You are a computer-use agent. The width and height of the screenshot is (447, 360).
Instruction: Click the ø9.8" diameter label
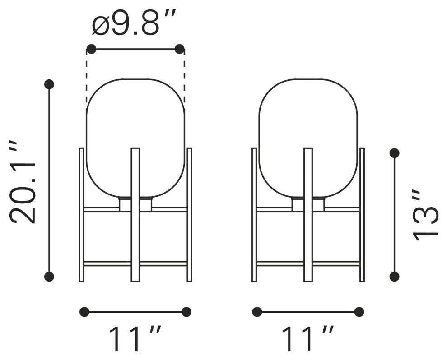(134, 23)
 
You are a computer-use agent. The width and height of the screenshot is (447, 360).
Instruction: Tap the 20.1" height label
(23, 182)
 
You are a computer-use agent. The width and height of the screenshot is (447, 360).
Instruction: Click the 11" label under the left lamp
(135, 339)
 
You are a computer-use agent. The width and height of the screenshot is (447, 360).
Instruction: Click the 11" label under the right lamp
(307, 339)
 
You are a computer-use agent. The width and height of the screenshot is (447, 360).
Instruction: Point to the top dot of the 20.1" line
(49, 84)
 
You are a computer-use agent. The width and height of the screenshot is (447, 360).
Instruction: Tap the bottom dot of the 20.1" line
(49, 277)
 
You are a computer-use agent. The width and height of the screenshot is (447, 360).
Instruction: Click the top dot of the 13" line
(394, 153)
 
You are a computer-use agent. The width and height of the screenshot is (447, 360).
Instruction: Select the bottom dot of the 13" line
(394, 277)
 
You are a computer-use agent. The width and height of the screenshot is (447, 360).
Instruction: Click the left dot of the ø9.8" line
(91, 49)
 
